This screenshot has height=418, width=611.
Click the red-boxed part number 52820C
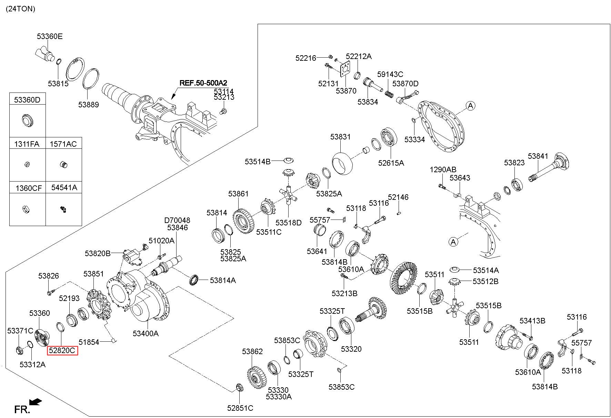pyautogui.click(x=62, y=351)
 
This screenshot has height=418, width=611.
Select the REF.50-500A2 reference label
pyautogui.click(x=203, y=83)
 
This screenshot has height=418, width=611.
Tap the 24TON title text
pyautogui.click(x=20, y=9)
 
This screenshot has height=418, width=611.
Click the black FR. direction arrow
pyautogui.click(x=36, y=402)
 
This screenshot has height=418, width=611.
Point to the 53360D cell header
pyautogui.click(x=27, y=100)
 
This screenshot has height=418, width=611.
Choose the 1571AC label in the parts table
pyautogui.click(x=63, y=144)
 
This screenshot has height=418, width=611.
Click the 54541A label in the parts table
pyautogui.click(x=64, y=187)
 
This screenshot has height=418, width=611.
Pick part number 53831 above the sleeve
pyautogui.click(x=340, y=137)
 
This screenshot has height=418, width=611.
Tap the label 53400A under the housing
pyautogui.click(x=146, y=333)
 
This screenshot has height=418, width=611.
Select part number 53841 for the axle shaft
pyautogui.click(x=538, y=156)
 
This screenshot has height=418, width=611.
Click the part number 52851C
pyautogui.click(x=240, y=408)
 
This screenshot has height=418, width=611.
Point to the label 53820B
pyautogui.click(x=98, y=254)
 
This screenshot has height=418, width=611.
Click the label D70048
pyautogui.click(x=177, y=220)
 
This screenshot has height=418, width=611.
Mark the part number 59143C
pyautogui.click(x=390, y=74)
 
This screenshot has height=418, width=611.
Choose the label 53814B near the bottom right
pyautogui.click(x=545, y=387)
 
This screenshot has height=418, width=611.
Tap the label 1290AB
pyautogui.click(x=443, y=169)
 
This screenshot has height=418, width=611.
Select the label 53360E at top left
pyautogui.click(x=50, y=36)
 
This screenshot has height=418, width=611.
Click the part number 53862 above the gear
pyautogui.click(x=252, y=351)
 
